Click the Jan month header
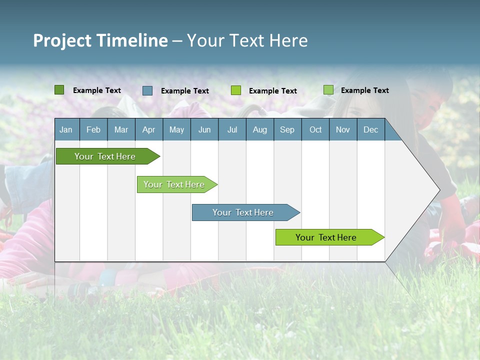[x=66, y=129]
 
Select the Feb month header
[x=93, y=129]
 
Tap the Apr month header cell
[x=148, y=129]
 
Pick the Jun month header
[x=204, y=129]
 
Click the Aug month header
[x=259, y=129]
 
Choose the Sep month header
[x=287, y=129]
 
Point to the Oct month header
[x=315, y=129]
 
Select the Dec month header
[x=370, y=129]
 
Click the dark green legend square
[x=59, y=90]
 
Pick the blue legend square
[x=147, y=90]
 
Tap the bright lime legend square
[x=236, y=90]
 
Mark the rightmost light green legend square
[x=328, y=90]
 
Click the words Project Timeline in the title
[x=100, y=40]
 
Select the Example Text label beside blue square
[x=185, y=91]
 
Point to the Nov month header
[x=343, y=129]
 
